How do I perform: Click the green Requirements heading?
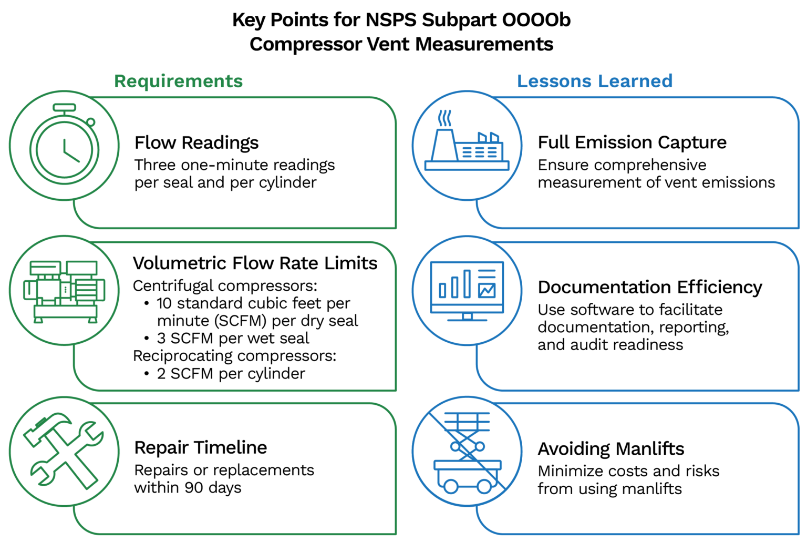click(x=178, y=81)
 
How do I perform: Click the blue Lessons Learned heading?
click(x=594, y=81)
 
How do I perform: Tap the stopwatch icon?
click(x=64, y=146)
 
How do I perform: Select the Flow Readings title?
click(x=196, y=142)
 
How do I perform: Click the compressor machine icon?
click(x=64, y=291)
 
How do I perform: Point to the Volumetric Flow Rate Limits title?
click(x=255, y=263)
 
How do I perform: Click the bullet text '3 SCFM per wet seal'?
click(x=233, y=338)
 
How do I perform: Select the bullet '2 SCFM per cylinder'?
click(x=231, y=373)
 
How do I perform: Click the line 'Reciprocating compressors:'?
click(x=234, y=356)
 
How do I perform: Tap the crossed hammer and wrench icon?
click(x=64, y=451)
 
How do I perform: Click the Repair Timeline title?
click(x=200, y=447)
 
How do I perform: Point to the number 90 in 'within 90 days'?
click(x=194, y=488)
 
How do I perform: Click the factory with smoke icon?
click(x=467, y=146)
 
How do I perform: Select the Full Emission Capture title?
click(x=632, y=142)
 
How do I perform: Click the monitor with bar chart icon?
click(x=467, y=291)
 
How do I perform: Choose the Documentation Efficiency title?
click(x=649, y=287)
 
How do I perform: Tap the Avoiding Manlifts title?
click(x=611, y=449)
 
